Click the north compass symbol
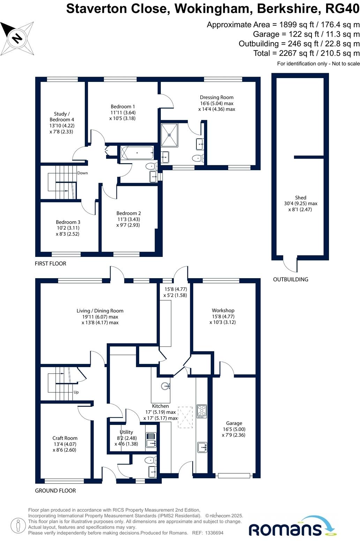[x=17, y=38]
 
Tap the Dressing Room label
[x=217, y=97]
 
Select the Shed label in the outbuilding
[x=301, y=198]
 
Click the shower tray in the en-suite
[x=170, y=135]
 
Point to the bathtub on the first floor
[x=137, y=153]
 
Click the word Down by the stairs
[x=82, y=173]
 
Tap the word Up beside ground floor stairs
[x=76, y=392]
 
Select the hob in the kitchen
[x=202, y=411]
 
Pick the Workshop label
[x=223, y=310]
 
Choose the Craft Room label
[x=65, y=438]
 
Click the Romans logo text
[x=285, y=529]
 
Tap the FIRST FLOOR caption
[x=50, y=264]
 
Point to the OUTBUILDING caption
[x=291, y=280]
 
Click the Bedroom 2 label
[x=128, y=213]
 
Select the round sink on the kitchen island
[x=165, y=386]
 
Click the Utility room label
[x=126, y=432]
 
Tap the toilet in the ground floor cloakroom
[x=150, y=460]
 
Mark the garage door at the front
[x=234, y=475]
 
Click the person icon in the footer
[x=18, y=526]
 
